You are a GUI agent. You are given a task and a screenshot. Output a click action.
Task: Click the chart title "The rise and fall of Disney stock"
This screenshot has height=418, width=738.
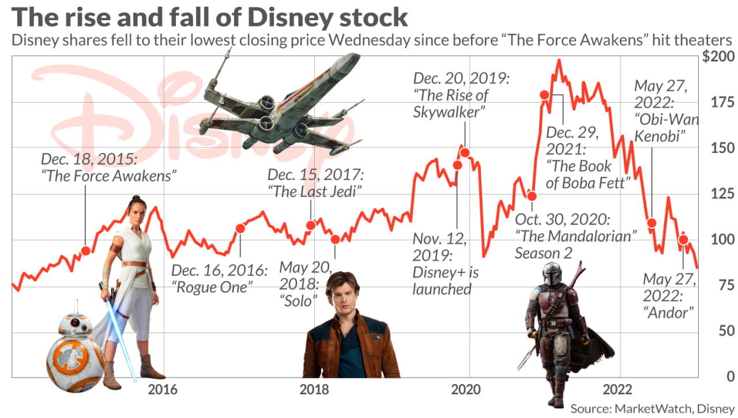pyautogui.click(x=210, y=17)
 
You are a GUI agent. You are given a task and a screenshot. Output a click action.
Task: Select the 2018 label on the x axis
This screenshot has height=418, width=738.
pyautogui.click(x=314, y=390)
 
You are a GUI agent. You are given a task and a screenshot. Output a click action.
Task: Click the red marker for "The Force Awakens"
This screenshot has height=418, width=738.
pyautogui.click(x=86, y=251)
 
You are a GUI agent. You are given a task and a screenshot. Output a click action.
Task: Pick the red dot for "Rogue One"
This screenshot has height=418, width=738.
pyautogui.click(x=240, y=229)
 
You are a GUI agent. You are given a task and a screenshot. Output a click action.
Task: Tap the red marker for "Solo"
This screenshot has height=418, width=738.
pyautogui.click(x=336, y=240)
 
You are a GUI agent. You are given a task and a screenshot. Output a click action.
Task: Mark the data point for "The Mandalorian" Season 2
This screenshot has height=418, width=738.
pyautogui.click(x=532, y=196)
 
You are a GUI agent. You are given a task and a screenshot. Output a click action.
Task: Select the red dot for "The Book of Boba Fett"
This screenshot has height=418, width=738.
pyautogui.click(x=544, y=95)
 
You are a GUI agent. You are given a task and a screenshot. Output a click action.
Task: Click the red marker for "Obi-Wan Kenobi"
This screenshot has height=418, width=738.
pyautogui.click(x=652, y=223)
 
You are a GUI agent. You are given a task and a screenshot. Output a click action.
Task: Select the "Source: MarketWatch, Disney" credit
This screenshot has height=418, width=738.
pyautogui.click(x=653, y=408)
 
